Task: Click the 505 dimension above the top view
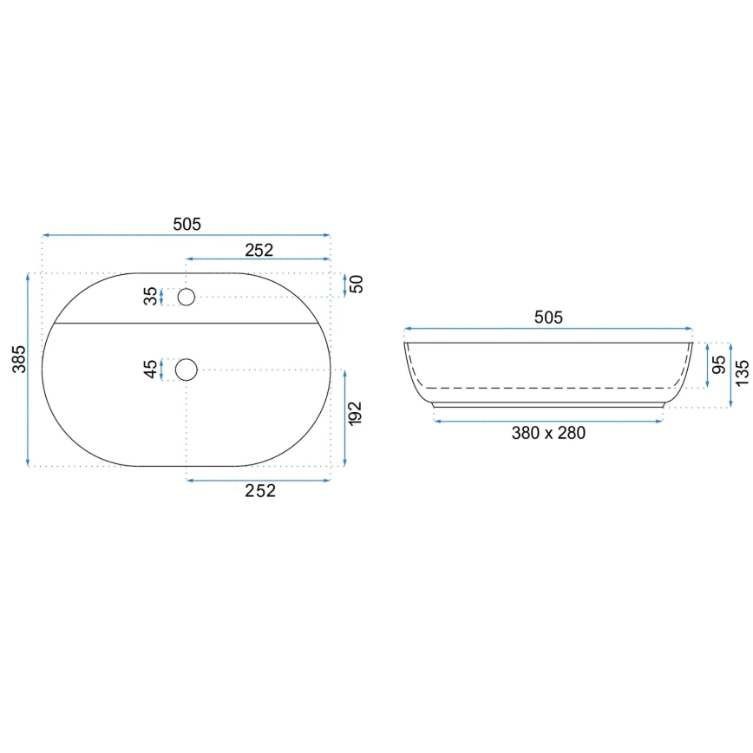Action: click(x=187, y=224)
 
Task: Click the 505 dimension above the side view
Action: click(x=548, y=318)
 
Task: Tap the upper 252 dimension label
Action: click(x=259, y=250)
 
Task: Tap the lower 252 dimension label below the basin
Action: click(x=259, y=491)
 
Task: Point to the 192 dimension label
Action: click(x=355, y=413)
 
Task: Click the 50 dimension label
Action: click(x=356, y=284)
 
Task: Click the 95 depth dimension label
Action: click(x=718, y=364)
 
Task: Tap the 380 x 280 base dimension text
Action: click(x=548, y=433)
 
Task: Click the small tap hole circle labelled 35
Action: click(x=186, y=297)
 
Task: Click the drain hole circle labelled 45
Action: click(x=186, y=370)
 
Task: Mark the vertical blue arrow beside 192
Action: click(x=345, y=417)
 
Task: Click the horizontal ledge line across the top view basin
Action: click(x=186, y=322)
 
